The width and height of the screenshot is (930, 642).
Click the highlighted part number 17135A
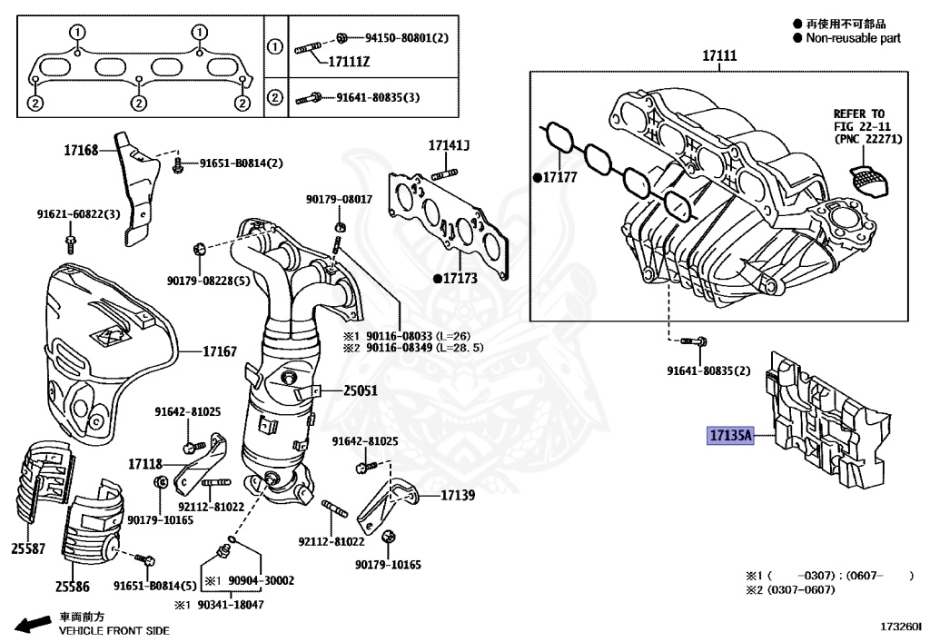coord(731,436)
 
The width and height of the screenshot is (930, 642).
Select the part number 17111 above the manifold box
coord(718,56)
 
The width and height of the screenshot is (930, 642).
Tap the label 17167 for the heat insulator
coord(219,350)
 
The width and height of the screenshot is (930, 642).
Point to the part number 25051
coord(360,391)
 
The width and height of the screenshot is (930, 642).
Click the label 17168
coord(80,149)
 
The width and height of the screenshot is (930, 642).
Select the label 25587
coord(28,549)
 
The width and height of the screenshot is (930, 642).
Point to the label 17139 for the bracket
coord(459,496)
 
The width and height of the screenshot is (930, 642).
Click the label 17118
coord(144,464)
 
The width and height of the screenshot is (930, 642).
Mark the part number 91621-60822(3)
coord(79,214)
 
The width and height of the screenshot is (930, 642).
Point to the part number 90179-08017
coord(339,199)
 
